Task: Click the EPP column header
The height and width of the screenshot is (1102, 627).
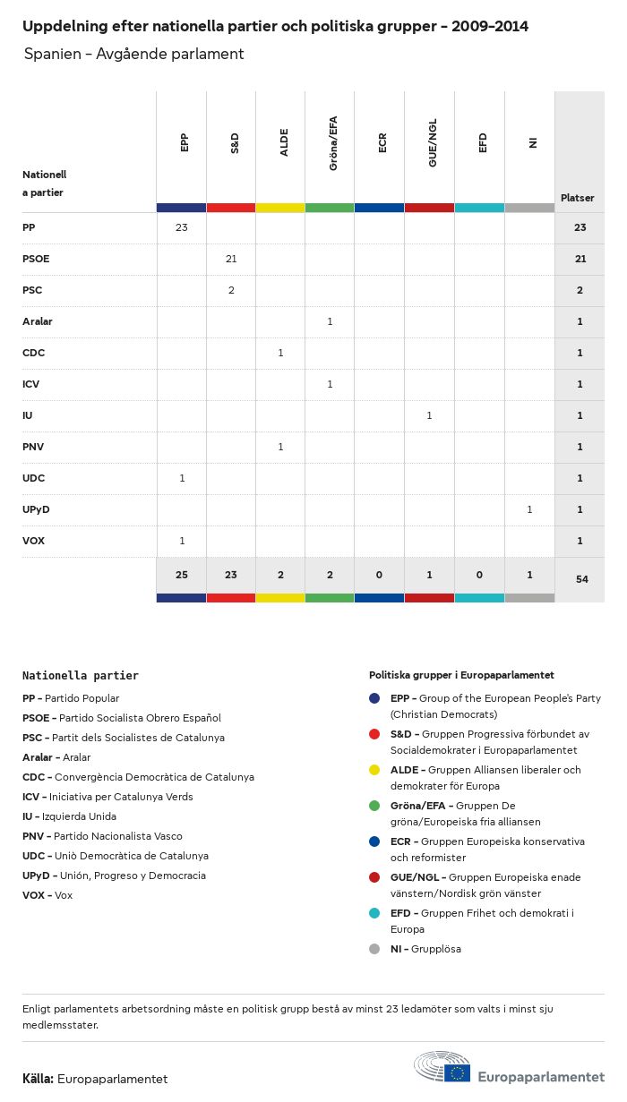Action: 185,143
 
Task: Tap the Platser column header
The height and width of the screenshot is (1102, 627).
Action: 578,198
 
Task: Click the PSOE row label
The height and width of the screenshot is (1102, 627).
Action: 36,259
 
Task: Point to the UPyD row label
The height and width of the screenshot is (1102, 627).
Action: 36,509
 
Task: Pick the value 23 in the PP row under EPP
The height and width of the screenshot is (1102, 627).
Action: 182,227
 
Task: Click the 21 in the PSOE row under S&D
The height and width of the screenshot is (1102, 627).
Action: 231,259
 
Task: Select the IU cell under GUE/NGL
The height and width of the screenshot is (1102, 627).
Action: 429,415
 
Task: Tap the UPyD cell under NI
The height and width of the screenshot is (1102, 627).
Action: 529,509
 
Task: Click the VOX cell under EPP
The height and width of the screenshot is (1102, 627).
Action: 182,541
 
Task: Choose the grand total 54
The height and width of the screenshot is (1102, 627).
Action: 582,579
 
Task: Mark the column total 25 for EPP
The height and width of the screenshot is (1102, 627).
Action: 182,575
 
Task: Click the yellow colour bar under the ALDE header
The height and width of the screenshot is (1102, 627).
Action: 280,208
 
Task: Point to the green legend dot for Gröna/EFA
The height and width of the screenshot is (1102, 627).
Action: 374,806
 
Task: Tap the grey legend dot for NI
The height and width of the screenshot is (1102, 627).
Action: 374,949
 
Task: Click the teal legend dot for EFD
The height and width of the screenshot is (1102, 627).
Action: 374,913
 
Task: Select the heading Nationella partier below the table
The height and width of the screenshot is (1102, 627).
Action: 81,676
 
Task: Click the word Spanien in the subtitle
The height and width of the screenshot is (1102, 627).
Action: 52,54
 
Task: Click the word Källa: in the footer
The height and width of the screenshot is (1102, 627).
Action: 38,1079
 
